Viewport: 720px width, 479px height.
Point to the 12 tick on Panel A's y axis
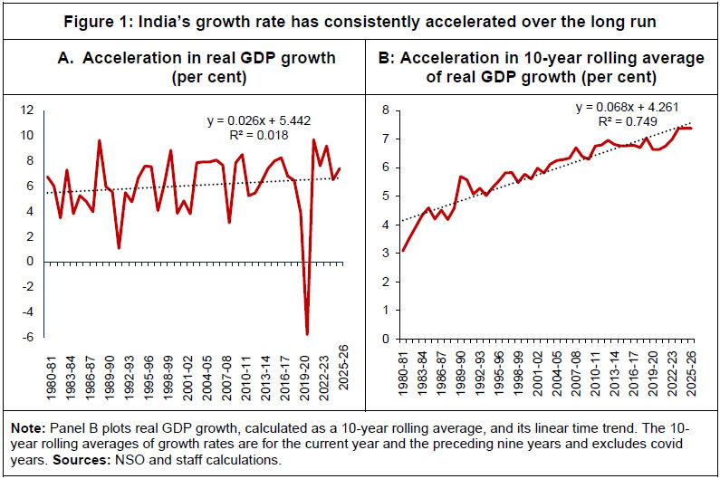click(26, 110)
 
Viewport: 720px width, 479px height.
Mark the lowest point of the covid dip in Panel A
click(307, 334)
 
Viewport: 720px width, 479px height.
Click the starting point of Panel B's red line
click(402, 251)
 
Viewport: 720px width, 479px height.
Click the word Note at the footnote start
click(23, 430)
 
